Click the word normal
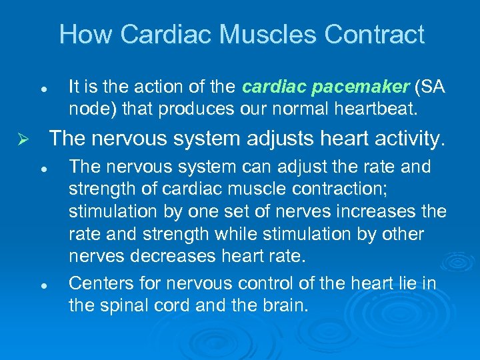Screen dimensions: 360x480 pos(261,107)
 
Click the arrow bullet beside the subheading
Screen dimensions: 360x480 pos(21,139)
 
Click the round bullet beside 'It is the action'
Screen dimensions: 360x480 pos(43,88)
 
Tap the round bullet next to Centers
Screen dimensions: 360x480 pos(43,284)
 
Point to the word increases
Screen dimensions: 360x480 pos(382,211)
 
